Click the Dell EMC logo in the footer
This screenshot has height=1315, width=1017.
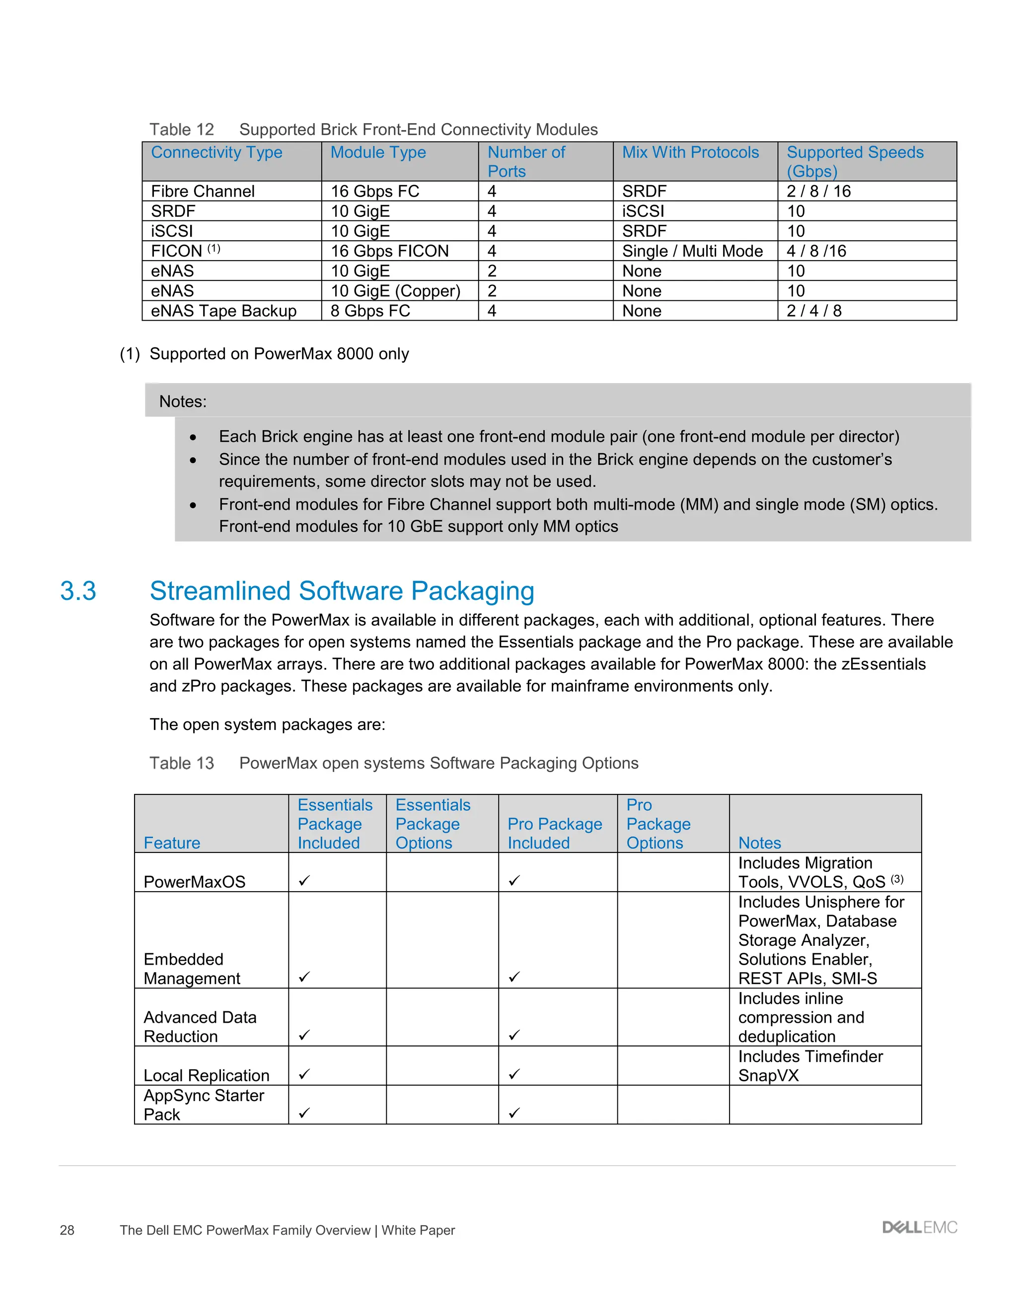coord(919,1228)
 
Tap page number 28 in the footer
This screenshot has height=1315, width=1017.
coord(67,1230)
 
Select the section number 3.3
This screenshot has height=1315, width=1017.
coord(78,591)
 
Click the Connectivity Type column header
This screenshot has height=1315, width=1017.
coord(217,152)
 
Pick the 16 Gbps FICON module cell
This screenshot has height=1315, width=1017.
coord(389,251)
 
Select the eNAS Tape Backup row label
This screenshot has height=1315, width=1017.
coord(223,311)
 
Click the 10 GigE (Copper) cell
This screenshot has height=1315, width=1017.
coord(395,291)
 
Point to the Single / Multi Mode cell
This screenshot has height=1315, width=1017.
coord(692,251)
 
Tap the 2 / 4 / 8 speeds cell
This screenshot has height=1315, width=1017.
coord(814,311)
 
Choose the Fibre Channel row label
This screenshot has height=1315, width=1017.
coord(203,192)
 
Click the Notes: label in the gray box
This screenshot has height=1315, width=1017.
coord(183,401)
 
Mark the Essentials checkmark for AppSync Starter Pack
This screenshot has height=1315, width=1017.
coord(304,1113)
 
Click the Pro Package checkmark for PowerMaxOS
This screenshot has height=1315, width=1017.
coord(514,880)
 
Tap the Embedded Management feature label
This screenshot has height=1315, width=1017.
coord(192,969)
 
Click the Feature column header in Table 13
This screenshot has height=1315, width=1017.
coord(172,843)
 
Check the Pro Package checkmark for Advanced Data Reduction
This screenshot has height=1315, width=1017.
coord(514,1035)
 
